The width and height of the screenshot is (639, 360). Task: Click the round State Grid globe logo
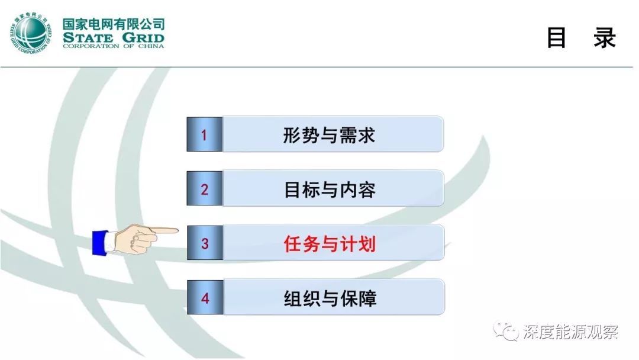[x=31, y=33]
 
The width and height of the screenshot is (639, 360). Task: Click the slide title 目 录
[x=580, y=37]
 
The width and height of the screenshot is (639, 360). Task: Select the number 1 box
[x=204, y=135]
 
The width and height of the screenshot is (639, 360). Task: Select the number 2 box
[x=204, y=189]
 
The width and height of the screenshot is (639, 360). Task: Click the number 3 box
[x=204, y=243]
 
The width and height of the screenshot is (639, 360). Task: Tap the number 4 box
[x=204, y=298]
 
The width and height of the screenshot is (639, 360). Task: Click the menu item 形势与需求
[x=329, y=135]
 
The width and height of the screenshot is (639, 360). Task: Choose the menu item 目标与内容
[x=330, y=189]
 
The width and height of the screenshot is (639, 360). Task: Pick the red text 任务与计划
[x=330, y=243]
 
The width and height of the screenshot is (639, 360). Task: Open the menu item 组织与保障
[x=330, y=298]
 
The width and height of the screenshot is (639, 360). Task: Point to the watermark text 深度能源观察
[x=570, y=332]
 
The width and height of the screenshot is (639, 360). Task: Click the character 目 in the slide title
[x=556, y=37]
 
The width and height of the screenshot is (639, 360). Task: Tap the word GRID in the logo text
[x=141, y=37]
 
